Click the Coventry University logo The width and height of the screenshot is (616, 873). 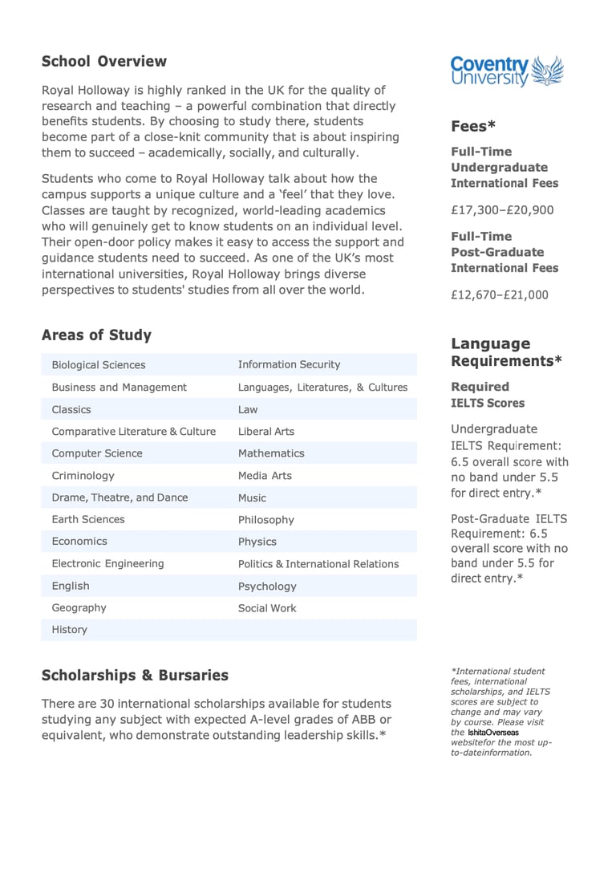[x=507, y=71]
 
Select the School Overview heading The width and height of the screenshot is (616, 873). [x=104, y=62]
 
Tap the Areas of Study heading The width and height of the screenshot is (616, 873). [x=96, y=335]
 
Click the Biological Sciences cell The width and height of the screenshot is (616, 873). [x=99, y=365]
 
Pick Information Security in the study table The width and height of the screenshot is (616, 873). [x=289, y=365]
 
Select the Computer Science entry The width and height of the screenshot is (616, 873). [x=97, y=453]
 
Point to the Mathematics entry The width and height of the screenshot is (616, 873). [x=271, y=453]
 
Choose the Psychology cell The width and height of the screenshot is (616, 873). [x=267, y=587]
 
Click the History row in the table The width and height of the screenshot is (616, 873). [x=70, y=630]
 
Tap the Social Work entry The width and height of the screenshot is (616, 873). [x=267, y=608]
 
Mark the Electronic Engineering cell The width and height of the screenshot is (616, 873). [x=107, y=564]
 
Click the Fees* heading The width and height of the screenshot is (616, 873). [x=473, y=126]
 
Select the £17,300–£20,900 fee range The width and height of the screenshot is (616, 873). [x=502, y=211]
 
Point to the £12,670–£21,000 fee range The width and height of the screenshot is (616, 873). [x=500, y=295]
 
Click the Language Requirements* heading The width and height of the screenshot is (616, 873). [x=506, y=352]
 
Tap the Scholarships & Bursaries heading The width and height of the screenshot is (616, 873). [x=135, y=676]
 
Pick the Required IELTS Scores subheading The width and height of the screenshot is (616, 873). [x=488, y=395]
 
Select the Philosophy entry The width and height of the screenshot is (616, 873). [x=266, y=520]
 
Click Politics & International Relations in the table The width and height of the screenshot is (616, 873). [x=318, y=564]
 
